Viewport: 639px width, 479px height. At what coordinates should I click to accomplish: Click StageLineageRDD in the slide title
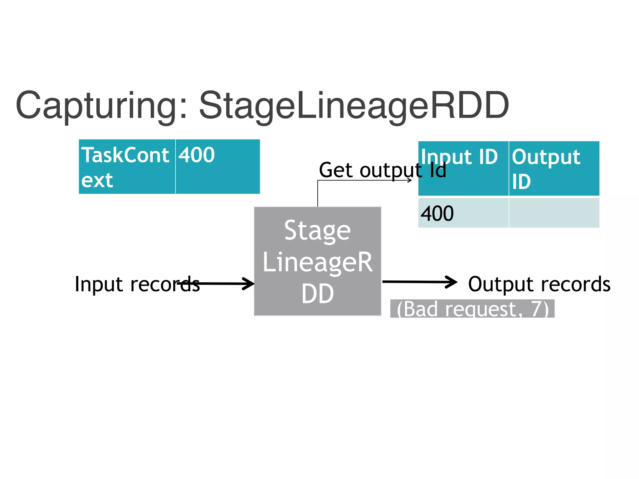coord(354,106)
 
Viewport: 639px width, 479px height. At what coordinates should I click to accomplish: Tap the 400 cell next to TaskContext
coord(217,167)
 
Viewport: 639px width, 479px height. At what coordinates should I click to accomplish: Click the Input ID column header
coord(463,168)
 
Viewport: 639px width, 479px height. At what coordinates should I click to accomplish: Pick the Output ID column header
coord(554,168)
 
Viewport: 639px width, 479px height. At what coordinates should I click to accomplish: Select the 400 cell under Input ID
coord(463,213)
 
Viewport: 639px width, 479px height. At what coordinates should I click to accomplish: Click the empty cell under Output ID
coord(554,213)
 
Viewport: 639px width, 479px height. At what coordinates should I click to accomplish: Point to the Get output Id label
coord(382,170)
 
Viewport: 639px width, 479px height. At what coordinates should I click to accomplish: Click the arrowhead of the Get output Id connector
coord(410,180)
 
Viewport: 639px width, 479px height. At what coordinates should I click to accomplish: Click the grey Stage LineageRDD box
coord(318,261)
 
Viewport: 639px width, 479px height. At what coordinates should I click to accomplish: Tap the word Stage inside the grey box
coord(318,231)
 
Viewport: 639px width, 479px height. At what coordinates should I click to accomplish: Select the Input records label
coord(137,284)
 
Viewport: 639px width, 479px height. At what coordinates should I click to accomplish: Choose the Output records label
coord(539,284)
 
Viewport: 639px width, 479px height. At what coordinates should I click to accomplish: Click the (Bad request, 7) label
coord(472,309)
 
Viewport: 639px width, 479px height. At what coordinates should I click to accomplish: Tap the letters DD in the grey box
coord(318,294)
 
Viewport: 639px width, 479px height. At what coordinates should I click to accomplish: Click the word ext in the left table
coord(97,180)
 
